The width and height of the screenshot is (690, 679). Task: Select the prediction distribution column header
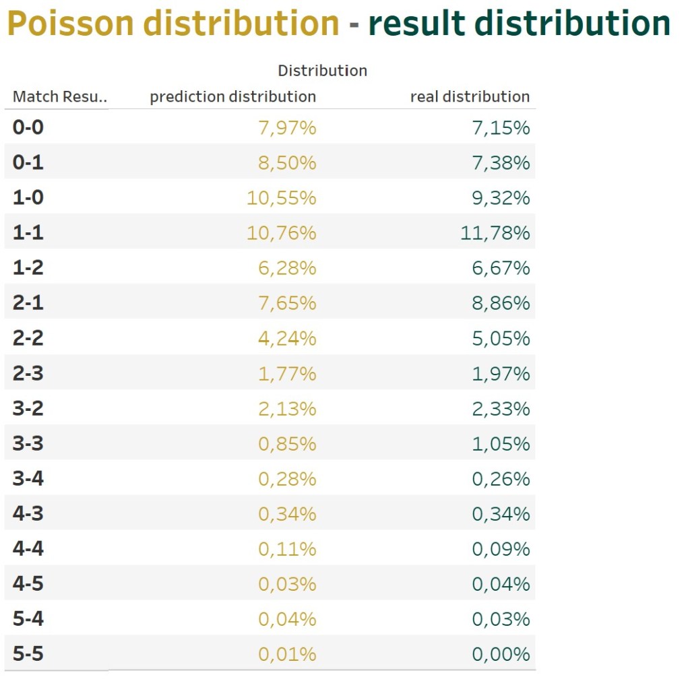tap(232, 96)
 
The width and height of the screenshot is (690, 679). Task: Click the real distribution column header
tap(470, 96)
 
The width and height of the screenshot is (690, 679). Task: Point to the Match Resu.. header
tap(60, 96)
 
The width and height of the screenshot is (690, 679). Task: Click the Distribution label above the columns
tap(322, 70)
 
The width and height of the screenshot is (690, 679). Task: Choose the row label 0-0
tap(28, 127)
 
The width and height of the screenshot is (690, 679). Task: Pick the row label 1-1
tap(28, 232)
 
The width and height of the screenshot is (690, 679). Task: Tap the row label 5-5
tap(28, 654)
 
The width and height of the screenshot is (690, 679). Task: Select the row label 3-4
tap(28, 479)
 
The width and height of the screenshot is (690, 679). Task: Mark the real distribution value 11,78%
tap(496, 233)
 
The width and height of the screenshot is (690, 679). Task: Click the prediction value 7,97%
tap(287, 127)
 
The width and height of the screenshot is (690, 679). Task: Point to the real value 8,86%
tap(501, 303)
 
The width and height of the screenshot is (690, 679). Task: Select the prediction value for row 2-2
tap(287, 338)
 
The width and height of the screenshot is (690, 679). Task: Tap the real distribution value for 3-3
tap(501, 444)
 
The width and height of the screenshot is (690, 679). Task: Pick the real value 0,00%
tap(501, 654)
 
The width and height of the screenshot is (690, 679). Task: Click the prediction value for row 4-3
tap(287, 514)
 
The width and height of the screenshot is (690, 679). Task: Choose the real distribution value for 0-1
tap(501, 162)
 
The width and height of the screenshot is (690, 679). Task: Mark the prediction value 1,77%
tap(287, 373)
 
